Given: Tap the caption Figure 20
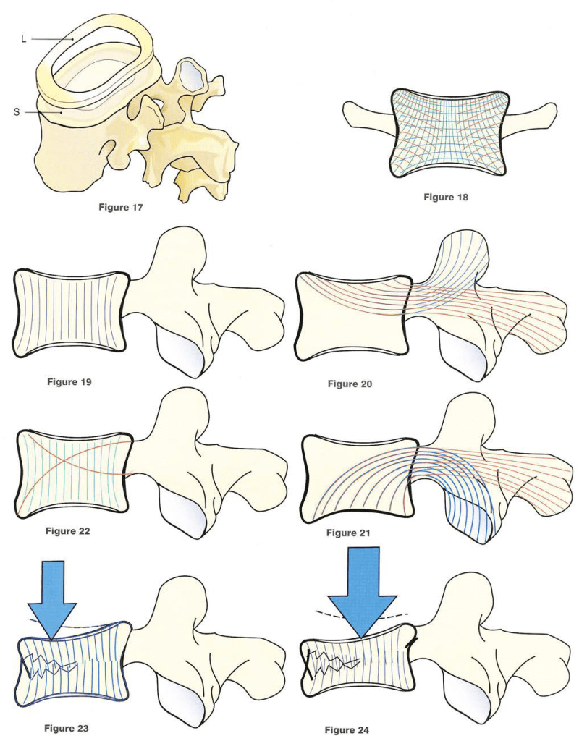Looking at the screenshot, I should point(350,384).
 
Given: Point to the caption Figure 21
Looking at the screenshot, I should point(349,533).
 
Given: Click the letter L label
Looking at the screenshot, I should point(23,38).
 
